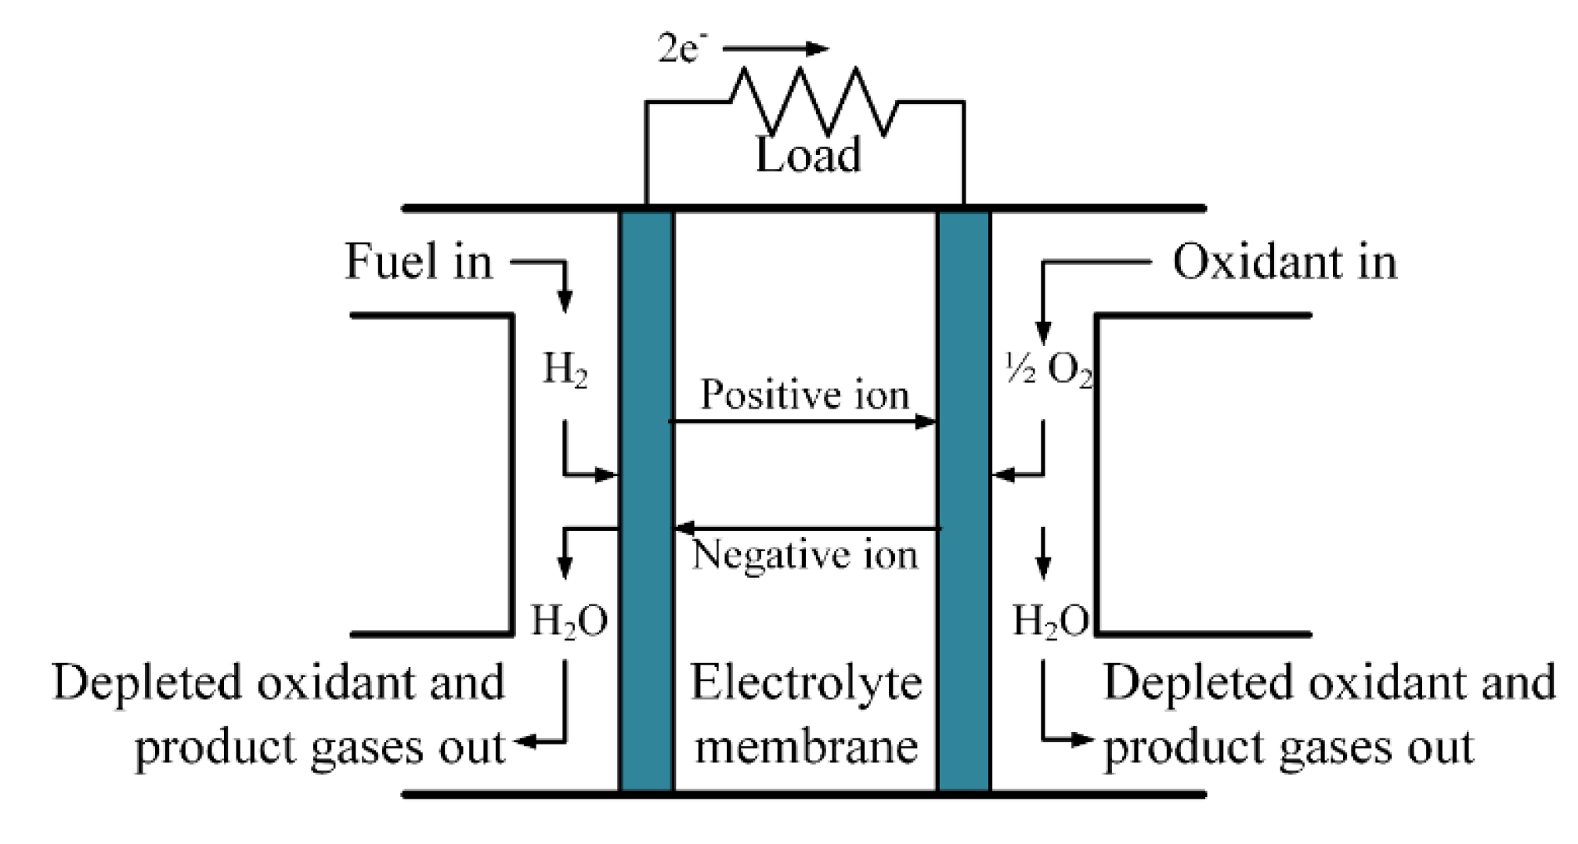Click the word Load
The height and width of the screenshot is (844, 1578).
[807, 155]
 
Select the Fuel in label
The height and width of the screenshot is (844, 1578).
[419, 261]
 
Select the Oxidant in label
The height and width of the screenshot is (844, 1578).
[1284, 261]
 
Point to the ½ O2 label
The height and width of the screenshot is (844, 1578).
[1048, 370]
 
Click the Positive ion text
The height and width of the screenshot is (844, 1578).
[804, 394]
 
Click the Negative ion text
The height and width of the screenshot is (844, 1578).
[804, 555]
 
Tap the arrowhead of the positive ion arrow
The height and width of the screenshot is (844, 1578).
[926, 422]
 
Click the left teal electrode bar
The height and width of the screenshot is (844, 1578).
[647, 501]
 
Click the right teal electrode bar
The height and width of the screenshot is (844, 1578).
[964, 501]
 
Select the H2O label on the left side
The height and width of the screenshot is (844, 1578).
[569, 622]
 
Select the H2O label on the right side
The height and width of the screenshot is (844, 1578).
[1049, 622]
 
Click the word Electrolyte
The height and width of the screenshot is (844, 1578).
[806, 683]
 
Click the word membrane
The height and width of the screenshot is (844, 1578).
[806, 745]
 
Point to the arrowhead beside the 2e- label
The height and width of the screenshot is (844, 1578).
[818, 49]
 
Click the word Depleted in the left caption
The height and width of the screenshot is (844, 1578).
[149, 683]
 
